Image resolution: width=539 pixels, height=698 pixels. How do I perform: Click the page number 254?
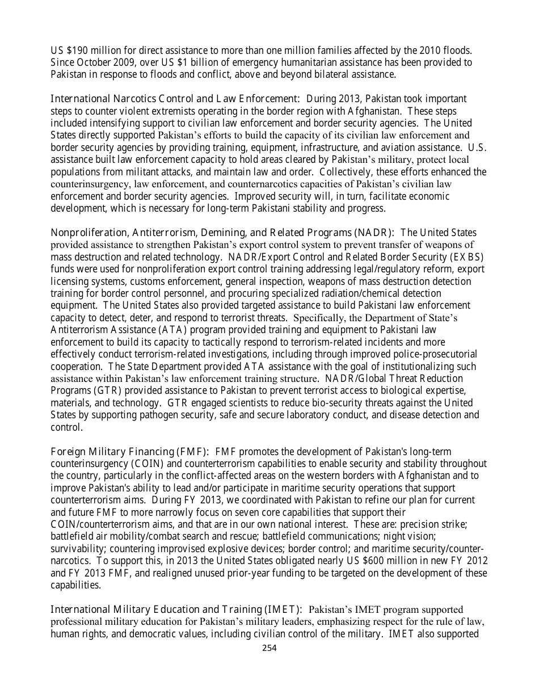pyautogui.click(x=269, y=647)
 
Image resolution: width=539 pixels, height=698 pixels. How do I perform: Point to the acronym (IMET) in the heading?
pyautogui.click(x=283, y=609)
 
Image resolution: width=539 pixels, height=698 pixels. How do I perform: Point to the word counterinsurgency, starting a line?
pyautogui.click(x=91, y=184)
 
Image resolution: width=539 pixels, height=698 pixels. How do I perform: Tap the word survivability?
pyautogui.click(x=78, y=549)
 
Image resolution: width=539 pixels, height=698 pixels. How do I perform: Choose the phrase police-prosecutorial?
pyautogui.click(x=431, y=354)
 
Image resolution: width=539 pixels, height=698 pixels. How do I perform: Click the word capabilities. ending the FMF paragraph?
pyautogui.click(x=74, y=586)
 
